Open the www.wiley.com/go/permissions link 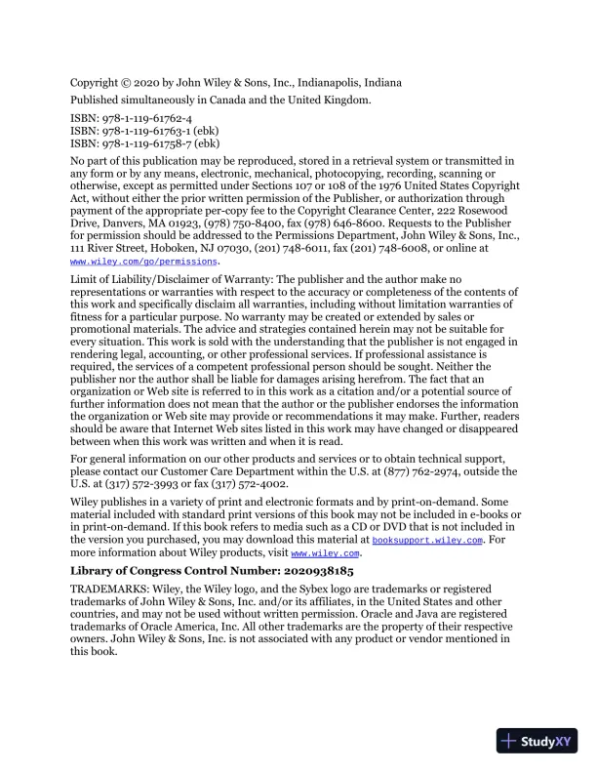click(144, 262)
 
